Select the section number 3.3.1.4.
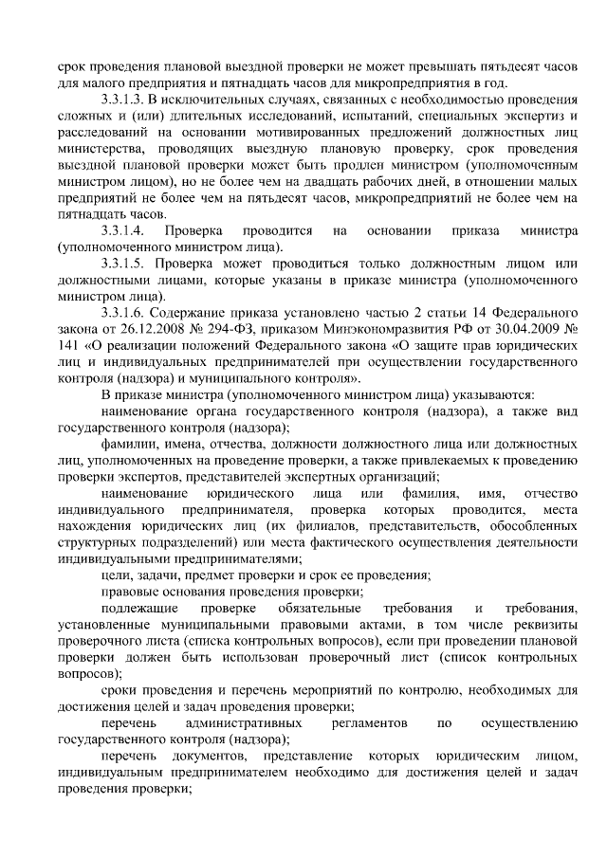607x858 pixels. click(123, 230)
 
